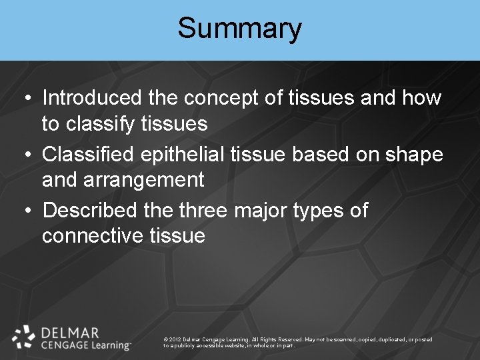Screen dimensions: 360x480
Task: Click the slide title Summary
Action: point(239,29)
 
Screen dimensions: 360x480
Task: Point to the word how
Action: point(421,98)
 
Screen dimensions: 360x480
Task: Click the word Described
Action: point(91,211)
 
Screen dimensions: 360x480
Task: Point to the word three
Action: point(203,211)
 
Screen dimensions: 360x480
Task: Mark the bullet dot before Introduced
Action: point(25,99)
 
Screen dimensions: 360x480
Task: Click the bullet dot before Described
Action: point(25,211)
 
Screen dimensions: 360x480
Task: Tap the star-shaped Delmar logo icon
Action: point(24,337)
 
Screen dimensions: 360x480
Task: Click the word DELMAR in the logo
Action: point(69,332)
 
